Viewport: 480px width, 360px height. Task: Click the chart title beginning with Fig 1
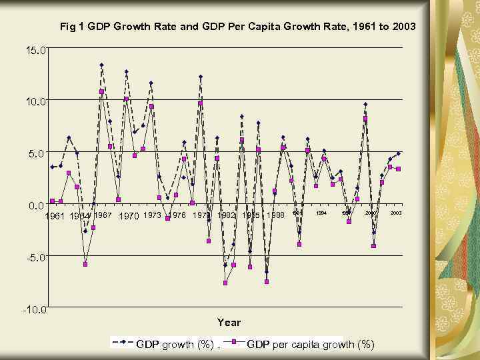[237, 27]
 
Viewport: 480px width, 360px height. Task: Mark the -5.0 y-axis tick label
[37, 257]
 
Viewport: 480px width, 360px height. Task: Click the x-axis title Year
[229, 323]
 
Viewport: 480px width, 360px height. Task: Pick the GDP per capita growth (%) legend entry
[311, 344]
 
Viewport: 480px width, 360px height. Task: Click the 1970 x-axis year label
[128, 216]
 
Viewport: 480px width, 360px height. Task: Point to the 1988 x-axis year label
[275, 215]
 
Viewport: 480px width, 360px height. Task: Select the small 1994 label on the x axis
[321, 213]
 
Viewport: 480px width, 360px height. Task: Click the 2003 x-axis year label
[396, 213]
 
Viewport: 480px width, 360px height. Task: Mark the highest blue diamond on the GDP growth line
[101, 65]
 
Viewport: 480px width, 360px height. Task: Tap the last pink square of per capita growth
[398, 169]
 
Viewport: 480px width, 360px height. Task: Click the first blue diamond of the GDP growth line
[52, 167]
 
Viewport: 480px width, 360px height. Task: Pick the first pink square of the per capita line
[52, 201]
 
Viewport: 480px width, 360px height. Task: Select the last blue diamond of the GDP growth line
[398, 153]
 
